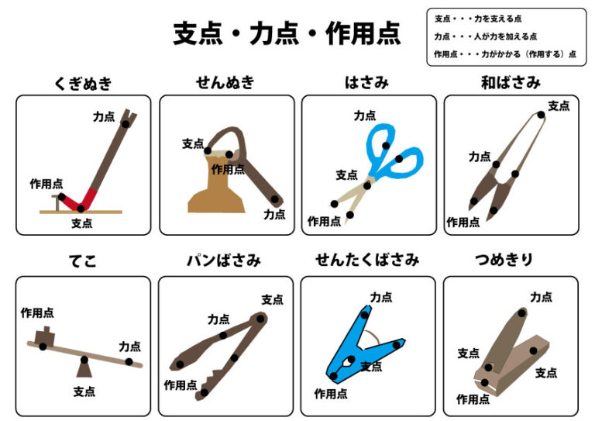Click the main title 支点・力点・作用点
click(x=287, y=33)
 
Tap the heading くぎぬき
click(x=84, y=83)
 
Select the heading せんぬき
click(x=225, y=82)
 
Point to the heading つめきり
click(x=504, y=260)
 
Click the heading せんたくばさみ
click(x=367, y=260)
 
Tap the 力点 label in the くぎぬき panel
click(x=104, y=116)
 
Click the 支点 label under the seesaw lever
click(x=84, y=392)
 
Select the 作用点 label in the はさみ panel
click(x=324, y=221)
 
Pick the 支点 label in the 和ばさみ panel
click(x=559, y=105)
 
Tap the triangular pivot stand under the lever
click(x=84, y=369)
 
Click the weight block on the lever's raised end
click(x=45, y=336)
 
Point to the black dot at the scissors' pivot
click(x=367, y=185)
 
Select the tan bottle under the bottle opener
click(x=216, y=183)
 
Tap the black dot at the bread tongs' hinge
click(x=260, y=319)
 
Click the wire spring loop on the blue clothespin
click(x=371, y=339)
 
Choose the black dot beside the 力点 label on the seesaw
click(x=129, y=362)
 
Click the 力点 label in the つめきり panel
click(x=541, y=297)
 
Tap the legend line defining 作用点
click(x=505, y=54)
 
